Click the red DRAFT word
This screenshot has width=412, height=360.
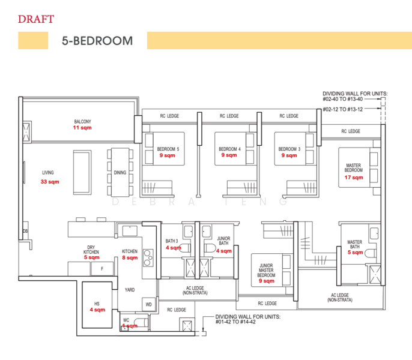click(36, 19)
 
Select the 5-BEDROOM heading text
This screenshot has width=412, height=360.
click(97, 41)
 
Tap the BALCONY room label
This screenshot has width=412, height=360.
click(82, 121)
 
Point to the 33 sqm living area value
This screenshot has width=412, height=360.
click(50, 181)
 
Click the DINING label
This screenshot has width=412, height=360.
click(120, 173)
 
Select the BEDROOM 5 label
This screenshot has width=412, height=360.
click(168, 149)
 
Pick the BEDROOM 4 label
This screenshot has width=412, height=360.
click(229, 149)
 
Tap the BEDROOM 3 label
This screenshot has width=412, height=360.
click(289, 149)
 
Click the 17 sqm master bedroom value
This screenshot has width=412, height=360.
click(354, 178)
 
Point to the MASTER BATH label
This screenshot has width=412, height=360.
click(354, 245)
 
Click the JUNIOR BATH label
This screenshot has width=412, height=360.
click(223, 242)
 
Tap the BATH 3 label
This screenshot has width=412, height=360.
click(172, 241)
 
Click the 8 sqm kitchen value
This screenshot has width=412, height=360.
click(130, 258)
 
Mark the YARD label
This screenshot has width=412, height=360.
click(130, 289)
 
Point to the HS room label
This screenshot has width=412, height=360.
click(97, 303)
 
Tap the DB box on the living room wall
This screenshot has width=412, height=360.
click(25, 231)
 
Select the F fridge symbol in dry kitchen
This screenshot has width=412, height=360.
click(102, 269)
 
